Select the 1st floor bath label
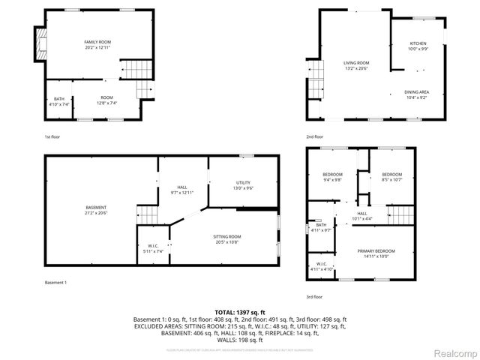59,101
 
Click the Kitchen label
418,45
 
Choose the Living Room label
356,65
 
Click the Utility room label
243,184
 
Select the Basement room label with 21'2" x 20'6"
95,209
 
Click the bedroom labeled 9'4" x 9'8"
332,177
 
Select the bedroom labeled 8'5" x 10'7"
391,177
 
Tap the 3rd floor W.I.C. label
321,265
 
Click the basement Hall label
182,190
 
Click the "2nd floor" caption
314,136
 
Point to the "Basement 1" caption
55,282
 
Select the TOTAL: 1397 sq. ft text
239,311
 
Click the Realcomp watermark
452,352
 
